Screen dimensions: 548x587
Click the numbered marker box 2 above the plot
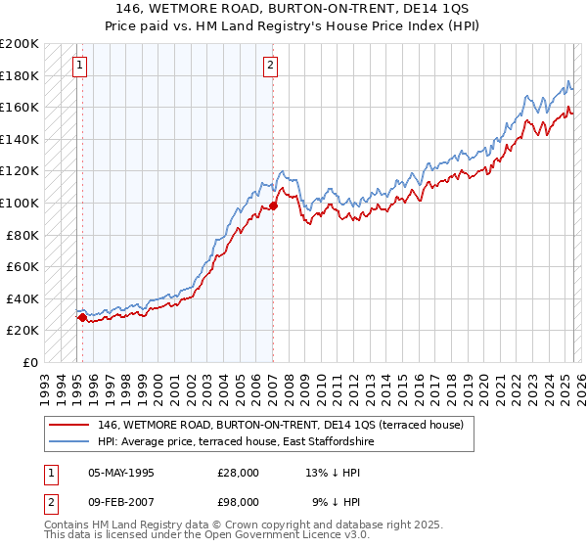click(271, 67)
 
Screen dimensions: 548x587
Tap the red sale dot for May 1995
click(82, 317)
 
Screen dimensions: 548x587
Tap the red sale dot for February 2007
click(273, 205)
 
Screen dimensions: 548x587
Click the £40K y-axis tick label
click(23, 298)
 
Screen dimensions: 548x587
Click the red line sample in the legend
click(68, 425)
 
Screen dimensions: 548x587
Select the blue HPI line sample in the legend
click(68, 442)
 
